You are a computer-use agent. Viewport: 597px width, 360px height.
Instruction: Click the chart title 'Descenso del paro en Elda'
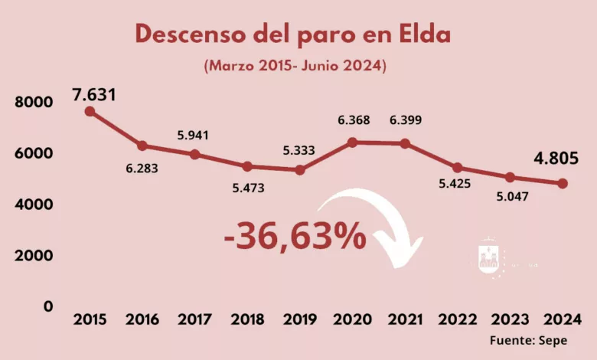pyautogui.click(x=293, y=34)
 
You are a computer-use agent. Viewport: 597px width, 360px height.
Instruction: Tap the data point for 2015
pyautogui.click(x=90, y=111)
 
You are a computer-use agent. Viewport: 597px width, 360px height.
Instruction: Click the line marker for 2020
pyautogui.click(x=352, y=142)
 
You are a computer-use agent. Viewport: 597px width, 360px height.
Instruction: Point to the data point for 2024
pyautogui.click(x=563, y=184)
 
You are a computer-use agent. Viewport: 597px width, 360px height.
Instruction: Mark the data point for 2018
pyautogui.click(x=247, y=166)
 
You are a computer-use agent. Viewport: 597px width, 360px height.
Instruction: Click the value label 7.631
pyautogui.click(x=95, y=95)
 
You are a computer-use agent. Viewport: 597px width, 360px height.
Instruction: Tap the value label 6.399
pyautogui.click(x=406, y=120)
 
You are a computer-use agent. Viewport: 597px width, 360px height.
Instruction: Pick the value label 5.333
pyautogui.click(x=298, y=149)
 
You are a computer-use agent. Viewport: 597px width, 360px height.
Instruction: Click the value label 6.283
pyautogui.click(x=142, y=168)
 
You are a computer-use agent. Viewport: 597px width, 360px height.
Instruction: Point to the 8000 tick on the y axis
pyautogui.click(x=34, y=103)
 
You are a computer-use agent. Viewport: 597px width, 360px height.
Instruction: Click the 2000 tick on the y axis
pyautogui.click(x=34, y=255)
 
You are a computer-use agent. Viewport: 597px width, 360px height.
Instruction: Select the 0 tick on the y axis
pyautogui.click(x=48, y=306)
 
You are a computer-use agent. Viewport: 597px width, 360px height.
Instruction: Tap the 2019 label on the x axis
pyautogui.click(x=300, y=319)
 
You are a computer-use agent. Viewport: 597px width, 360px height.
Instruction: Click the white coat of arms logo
pyautogui.click(x=488, y=258)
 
